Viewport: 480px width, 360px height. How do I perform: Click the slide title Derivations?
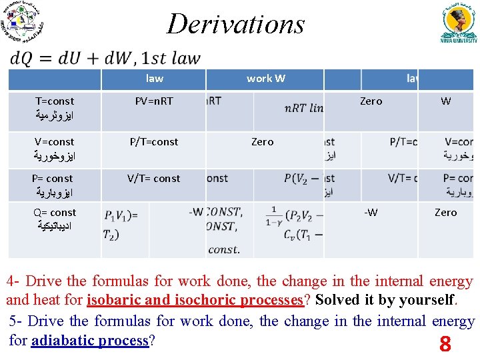click(235, 24)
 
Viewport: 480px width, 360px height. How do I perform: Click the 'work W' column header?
click(265, 79)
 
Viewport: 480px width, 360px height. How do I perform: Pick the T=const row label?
click(55, 101)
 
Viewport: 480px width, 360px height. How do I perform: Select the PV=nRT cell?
click(154, 101)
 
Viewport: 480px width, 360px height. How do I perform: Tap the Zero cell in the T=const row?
click(371, 101)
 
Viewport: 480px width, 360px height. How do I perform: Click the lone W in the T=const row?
click(445, 101)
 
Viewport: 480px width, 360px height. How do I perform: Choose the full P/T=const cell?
click(154, 141)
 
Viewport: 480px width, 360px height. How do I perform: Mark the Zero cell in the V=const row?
click(262, 141)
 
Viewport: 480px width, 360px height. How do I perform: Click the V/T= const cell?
click(154, 178)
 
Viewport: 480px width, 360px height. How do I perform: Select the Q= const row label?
click(55, 213)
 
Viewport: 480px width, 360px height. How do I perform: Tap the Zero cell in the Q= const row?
click(445, 213)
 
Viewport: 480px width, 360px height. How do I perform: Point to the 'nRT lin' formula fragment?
click(303, 109)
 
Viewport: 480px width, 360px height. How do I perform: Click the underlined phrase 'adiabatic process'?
click(89, 341)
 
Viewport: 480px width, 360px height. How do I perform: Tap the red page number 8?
click(445, 345)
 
